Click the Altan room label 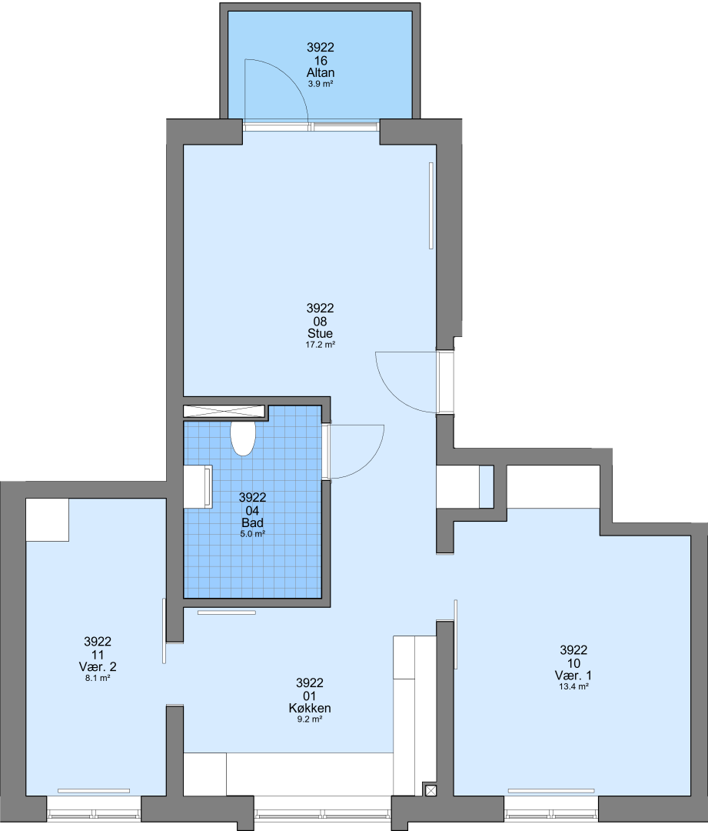[x=321, y=72]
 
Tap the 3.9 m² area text [x=321, y=84]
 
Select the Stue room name [x=321, y=333]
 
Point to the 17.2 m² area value [x=321, y=345]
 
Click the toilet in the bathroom [x=243, y=439]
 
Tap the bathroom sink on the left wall [x=198, y=486]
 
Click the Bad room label [x=253, y=522]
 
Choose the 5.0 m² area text [x=253, y=534]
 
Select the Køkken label [x=310, y=708]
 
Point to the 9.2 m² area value [x=310, y=719]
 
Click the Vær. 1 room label [x=573, y=676]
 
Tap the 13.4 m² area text [x=573, y=686]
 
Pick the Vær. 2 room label [x=98, y=666]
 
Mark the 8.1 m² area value [x=98, y=678]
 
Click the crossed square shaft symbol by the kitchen [x=430, y=790]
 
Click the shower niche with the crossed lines [x=224, y=411]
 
